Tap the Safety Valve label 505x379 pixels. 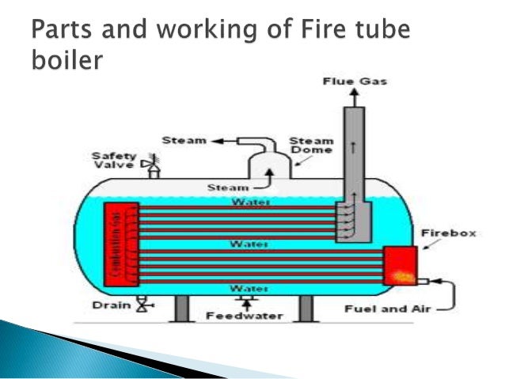113,160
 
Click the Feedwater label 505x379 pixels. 244,315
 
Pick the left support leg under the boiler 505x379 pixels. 180,309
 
